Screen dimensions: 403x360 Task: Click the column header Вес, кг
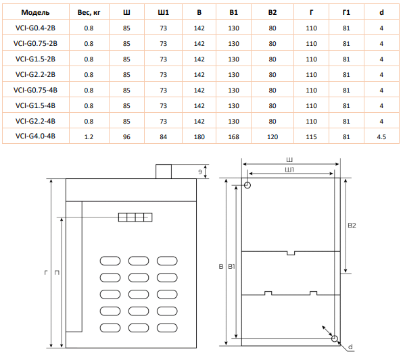click(89, 12)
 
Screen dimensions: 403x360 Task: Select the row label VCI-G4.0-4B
click(35, 136)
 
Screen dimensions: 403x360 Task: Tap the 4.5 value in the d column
click(381, 137)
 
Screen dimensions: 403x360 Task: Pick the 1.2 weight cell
click(89, 137)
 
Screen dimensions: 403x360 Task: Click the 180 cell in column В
click(199, 137)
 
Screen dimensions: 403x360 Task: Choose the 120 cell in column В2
click(272, 137)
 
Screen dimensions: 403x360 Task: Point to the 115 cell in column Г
click(311, 137)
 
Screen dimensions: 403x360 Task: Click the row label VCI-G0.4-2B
click(35, 28)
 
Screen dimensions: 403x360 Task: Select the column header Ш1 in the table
click(163, 12)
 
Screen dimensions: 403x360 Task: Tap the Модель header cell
click(35, 12)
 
